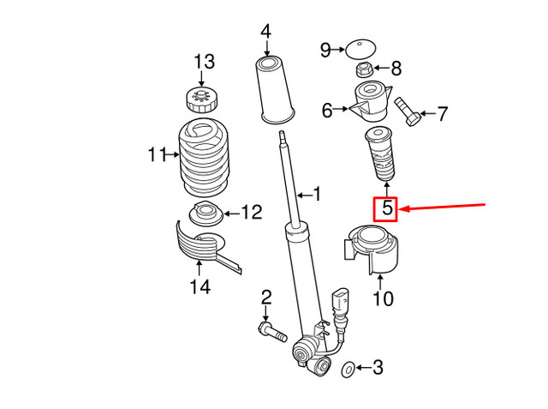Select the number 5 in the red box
pos(385,208)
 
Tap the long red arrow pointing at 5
pos(445,208)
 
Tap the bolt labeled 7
pos(408,111)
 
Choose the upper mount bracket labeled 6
pos(370,102)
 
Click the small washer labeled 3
pos(348,370)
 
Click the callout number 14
pos(199,288)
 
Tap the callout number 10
pos(383,299)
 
